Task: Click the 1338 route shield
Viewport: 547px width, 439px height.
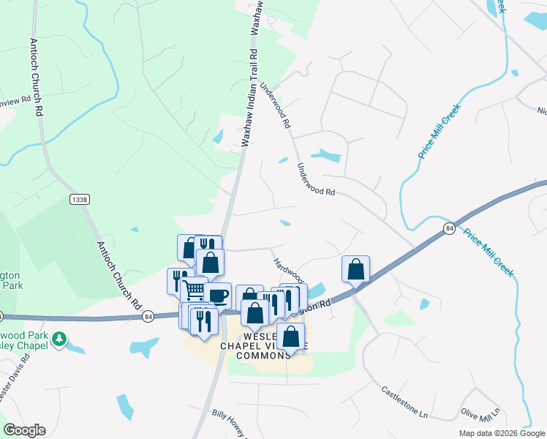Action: click(79, 199)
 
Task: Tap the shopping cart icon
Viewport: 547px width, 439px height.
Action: click(194, 290)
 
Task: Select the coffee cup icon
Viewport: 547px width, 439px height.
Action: click(218, 295)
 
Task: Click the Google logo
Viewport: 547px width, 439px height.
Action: click(24, 430)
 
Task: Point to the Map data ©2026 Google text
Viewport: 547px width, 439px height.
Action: click(501, 433)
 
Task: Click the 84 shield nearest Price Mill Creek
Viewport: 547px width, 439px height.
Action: click(449, 230)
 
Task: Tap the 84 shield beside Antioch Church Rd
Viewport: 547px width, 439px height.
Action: click(148, 317)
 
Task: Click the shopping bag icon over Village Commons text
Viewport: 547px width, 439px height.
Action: click(290, 337)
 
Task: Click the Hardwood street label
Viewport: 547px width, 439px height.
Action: click(287, 271)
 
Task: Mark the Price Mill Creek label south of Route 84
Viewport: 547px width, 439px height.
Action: click(488, 254)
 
